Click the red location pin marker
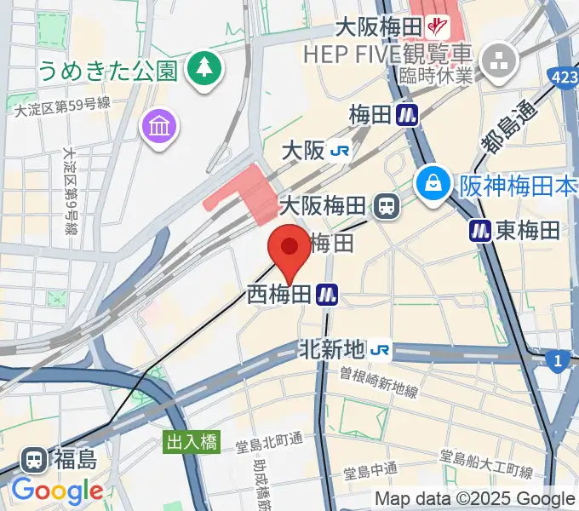coord(289,249)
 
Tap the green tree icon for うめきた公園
coord(204,67)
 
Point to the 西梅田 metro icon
coord(327,295)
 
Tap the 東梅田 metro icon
coord(481,229)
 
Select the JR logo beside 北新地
coord(381,349)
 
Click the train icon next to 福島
coord(35,461)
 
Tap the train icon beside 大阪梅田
coord(387,205)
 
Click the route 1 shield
coord(559,362)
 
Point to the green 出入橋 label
coord(192,442)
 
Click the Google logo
coord(57,491)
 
